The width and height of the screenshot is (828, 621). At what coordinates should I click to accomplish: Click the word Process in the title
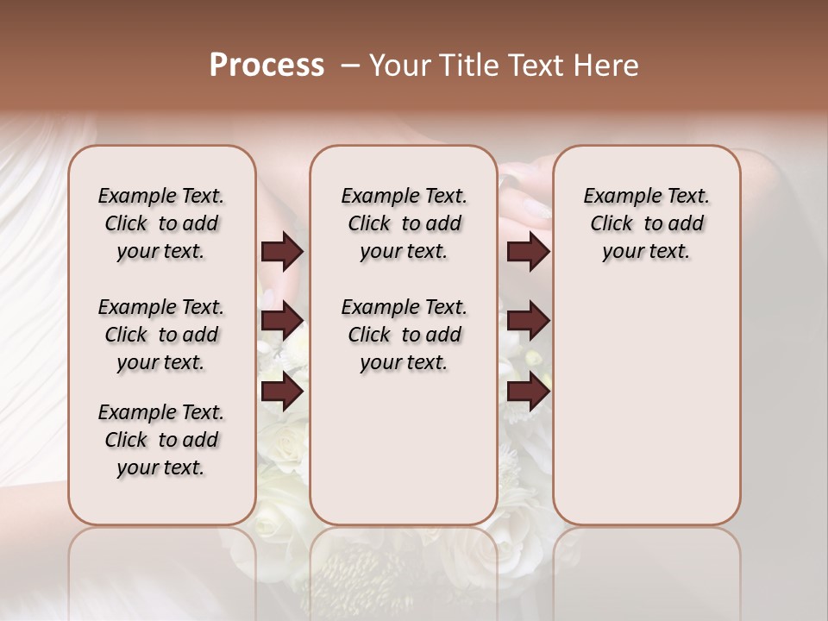point(267,66)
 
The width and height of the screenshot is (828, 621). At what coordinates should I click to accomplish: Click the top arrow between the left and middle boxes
point(282,252)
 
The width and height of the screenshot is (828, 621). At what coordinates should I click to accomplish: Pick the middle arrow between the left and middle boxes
point(282,321)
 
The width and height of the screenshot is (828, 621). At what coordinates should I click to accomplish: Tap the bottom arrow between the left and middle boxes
point(282,392)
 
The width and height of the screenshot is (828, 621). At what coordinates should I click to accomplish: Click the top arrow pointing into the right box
point(528,252)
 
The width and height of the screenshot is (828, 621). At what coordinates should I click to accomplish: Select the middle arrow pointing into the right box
point(528,321)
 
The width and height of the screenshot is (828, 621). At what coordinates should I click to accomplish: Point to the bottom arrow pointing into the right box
point(528,392)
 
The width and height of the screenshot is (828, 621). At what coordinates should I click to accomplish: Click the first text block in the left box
point(161,223)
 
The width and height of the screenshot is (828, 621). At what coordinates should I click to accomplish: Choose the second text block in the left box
point(161,335)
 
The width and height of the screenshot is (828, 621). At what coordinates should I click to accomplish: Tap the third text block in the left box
point(161,440)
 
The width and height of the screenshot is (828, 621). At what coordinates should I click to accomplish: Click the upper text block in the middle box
point(404,223)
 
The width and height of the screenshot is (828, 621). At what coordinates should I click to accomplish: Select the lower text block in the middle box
point(404,335)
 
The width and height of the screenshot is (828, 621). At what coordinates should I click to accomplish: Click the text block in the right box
point(647,223)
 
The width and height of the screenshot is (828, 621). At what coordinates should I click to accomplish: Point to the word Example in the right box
point(619,197)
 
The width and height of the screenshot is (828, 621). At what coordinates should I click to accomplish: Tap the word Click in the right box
point(612,224)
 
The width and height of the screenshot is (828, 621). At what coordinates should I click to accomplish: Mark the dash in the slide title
point(350,66)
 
